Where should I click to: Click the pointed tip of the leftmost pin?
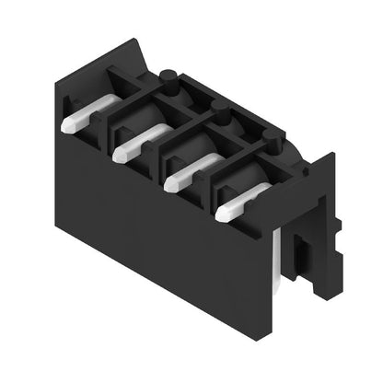(x=65, y=122)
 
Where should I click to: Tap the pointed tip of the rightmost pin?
(x=222, y=215)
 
